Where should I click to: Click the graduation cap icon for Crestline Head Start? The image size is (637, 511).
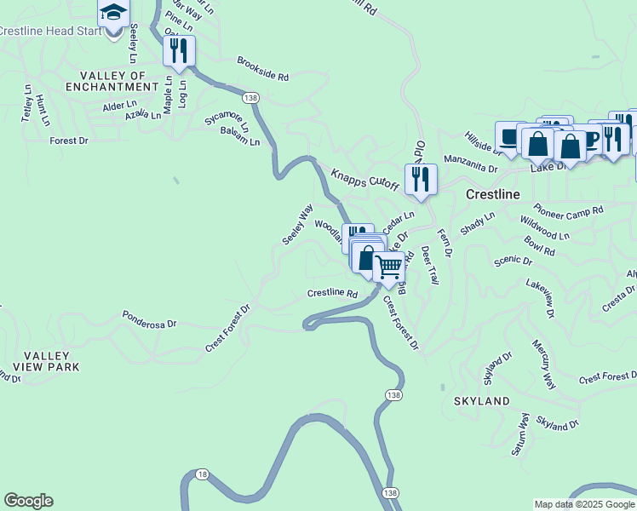click(113, 14)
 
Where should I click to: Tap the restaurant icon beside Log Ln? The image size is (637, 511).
click(179, 50)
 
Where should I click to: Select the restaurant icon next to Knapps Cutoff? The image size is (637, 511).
click(421, 179)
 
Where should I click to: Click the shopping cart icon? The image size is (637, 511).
click(388, 267)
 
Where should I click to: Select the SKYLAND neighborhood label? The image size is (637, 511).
click(481, 400)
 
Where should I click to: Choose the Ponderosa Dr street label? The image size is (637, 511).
click(149, 324)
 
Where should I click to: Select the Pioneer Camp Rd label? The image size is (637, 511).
click(568, 210)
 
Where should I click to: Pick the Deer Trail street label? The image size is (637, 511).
click(428, 266)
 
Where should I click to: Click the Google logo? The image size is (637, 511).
click(28, 501)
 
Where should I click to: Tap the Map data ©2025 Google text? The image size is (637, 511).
click(585, 504)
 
